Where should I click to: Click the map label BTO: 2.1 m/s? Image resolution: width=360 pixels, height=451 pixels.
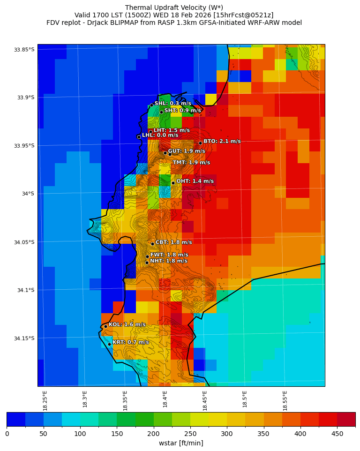(x=222, y=141)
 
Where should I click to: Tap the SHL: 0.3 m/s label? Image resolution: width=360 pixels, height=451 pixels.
(x=172, y=103)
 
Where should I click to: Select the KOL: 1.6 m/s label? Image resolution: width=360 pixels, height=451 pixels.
(x=127, y=324)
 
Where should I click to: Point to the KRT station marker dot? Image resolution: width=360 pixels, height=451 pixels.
(x=109, y=344)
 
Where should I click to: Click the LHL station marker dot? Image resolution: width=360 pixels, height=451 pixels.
(x=139, y=137)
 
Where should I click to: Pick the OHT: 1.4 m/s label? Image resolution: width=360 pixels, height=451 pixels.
(x=195, y=181)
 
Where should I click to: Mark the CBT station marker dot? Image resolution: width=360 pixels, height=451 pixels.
(x=152, y=244)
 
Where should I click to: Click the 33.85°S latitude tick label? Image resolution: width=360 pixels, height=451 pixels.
(x=24, y=50)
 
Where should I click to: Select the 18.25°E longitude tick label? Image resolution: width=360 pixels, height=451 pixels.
(x=45, y=400)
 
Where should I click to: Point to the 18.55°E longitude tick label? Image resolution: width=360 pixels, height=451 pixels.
(x=285, y=400)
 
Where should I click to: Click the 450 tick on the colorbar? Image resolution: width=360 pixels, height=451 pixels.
(x=337, y=434)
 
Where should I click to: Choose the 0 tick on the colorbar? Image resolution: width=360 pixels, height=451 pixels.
(x=7, y=434)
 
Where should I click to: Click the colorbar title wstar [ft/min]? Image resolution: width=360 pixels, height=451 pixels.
(x=181, y=443)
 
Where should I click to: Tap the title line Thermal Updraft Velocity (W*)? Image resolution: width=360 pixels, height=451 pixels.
(x=174, y=8)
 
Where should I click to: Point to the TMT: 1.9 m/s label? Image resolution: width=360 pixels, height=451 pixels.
(x=191, y=163)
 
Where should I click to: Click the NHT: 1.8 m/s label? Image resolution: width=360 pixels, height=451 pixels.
(x=168, y=261)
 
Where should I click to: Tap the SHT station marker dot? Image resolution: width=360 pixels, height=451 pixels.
(x=161, y=112)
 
